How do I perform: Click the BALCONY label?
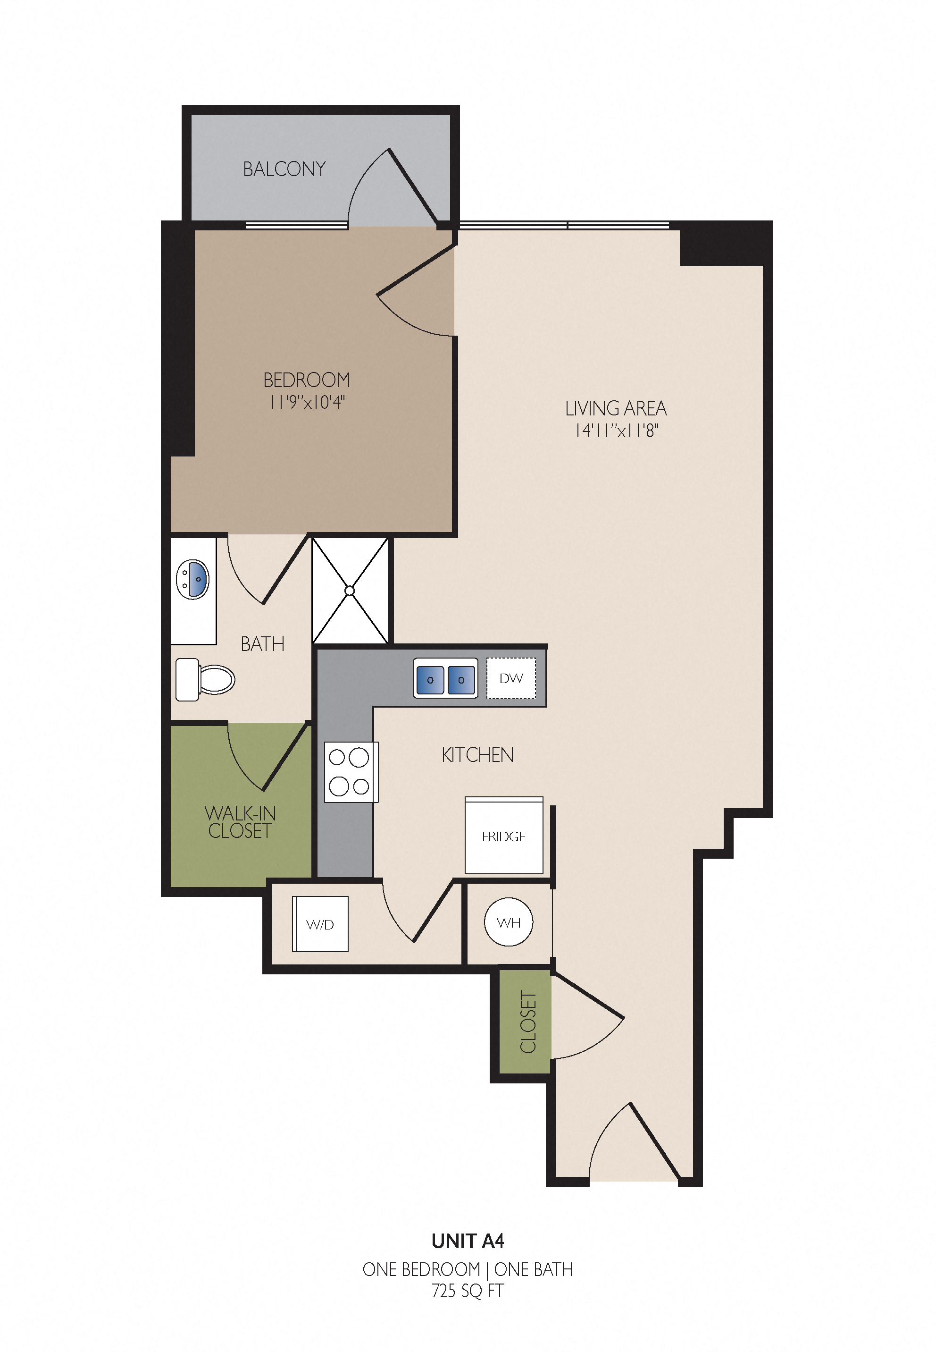click(284, 169)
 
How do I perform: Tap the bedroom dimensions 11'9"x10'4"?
click(307, 403)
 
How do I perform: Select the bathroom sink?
click(192, 579)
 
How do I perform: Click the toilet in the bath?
click(205, 679)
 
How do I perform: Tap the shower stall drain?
click(350, 591)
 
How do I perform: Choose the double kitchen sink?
click(446, 678)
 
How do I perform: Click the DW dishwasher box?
click(511, 678)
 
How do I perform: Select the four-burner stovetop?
click(351, 772)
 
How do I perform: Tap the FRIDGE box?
click(504, 836)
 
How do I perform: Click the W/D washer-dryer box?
click(320, 924)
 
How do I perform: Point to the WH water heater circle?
click(509, 922)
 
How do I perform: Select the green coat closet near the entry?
click(525, 1022)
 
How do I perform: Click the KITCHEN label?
click(477, 755)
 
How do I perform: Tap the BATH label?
click(262, 644)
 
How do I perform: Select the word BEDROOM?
click(307, 380)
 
